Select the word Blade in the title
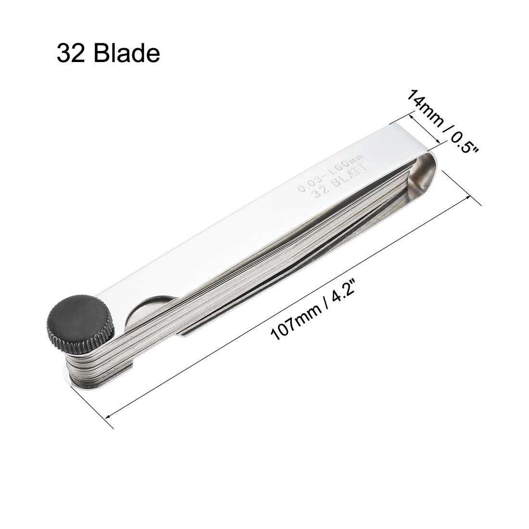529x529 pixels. (126, 53)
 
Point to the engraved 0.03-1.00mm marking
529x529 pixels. (332, 171)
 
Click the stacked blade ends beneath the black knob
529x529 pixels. (87, 365)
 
